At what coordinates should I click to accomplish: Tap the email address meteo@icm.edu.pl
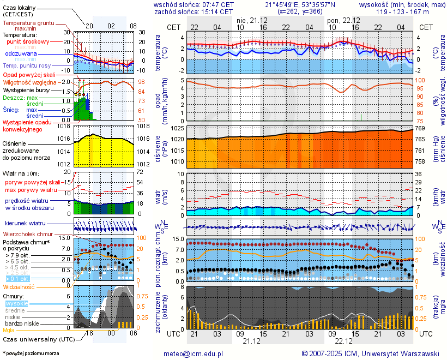[194, 353]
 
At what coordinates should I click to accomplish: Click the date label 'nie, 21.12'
[251, 20]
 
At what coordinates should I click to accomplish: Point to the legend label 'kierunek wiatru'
[24, 224]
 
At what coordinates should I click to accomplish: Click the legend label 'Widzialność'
[19, 286]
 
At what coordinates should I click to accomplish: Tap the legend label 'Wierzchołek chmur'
[28, 234]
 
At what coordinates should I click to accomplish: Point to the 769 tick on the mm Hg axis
[421, 128]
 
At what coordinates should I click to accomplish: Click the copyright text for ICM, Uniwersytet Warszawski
[371, 353]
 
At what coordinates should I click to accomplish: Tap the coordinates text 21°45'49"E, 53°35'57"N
[300, 4]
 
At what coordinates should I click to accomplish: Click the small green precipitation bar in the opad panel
[361, 117]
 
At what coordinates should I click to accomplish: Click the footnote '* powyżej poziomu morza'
[31, 353]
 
